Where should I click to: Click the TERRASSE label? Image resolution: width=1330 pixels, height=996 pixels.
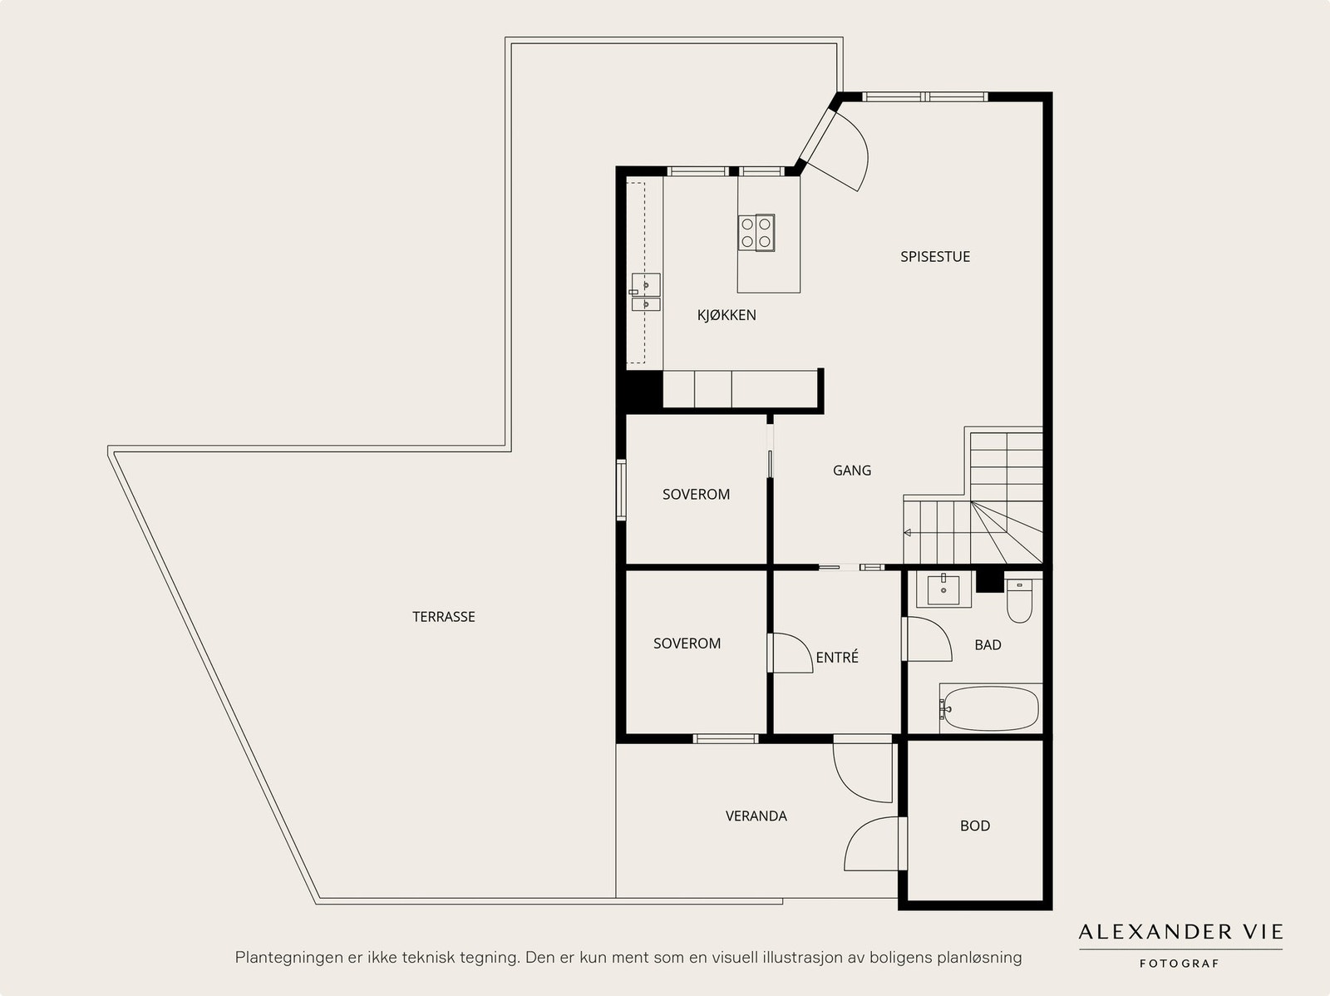(444, 617)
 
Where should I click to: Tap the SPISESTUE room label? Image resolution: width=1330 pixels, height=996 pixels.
(935, 257)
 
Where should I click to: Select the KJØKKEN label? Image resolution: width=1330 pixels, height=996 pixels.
(727, 315)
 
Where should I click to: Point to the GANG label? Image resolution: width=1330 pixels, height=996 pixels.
(852, 470)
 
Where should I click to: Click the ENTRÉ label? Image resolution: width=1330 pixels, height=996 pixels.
(837, 658)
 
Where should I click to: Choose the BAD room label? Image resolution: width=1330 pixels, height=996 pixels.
(988, 645)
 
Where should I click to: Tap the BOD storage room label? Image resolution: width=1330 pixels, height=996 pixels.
(975, 826)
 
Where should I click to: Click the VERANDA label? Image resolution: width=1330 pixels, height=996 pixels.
(756, 816)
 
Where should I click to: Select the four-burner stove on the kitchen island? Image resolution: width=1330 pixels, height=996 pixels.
(756, 233)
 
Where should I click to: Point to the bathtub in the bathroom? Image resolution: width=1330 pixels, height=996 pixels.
(991, 708)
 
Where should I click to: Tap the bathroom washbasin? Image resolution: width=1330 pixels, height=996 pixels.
(943, 589)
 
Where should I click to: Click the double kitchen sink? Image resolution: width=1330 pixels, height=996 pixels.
(645, 292)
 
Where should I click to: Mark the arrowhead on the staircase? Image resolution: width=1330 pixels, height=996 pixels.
(907, 533)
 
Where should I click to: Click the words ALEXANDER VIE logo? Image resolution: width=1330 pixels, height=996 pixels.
(1180, 932)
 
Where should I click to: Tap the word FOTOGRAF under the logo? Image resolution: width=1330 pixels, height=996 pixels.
(1180, 964)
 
